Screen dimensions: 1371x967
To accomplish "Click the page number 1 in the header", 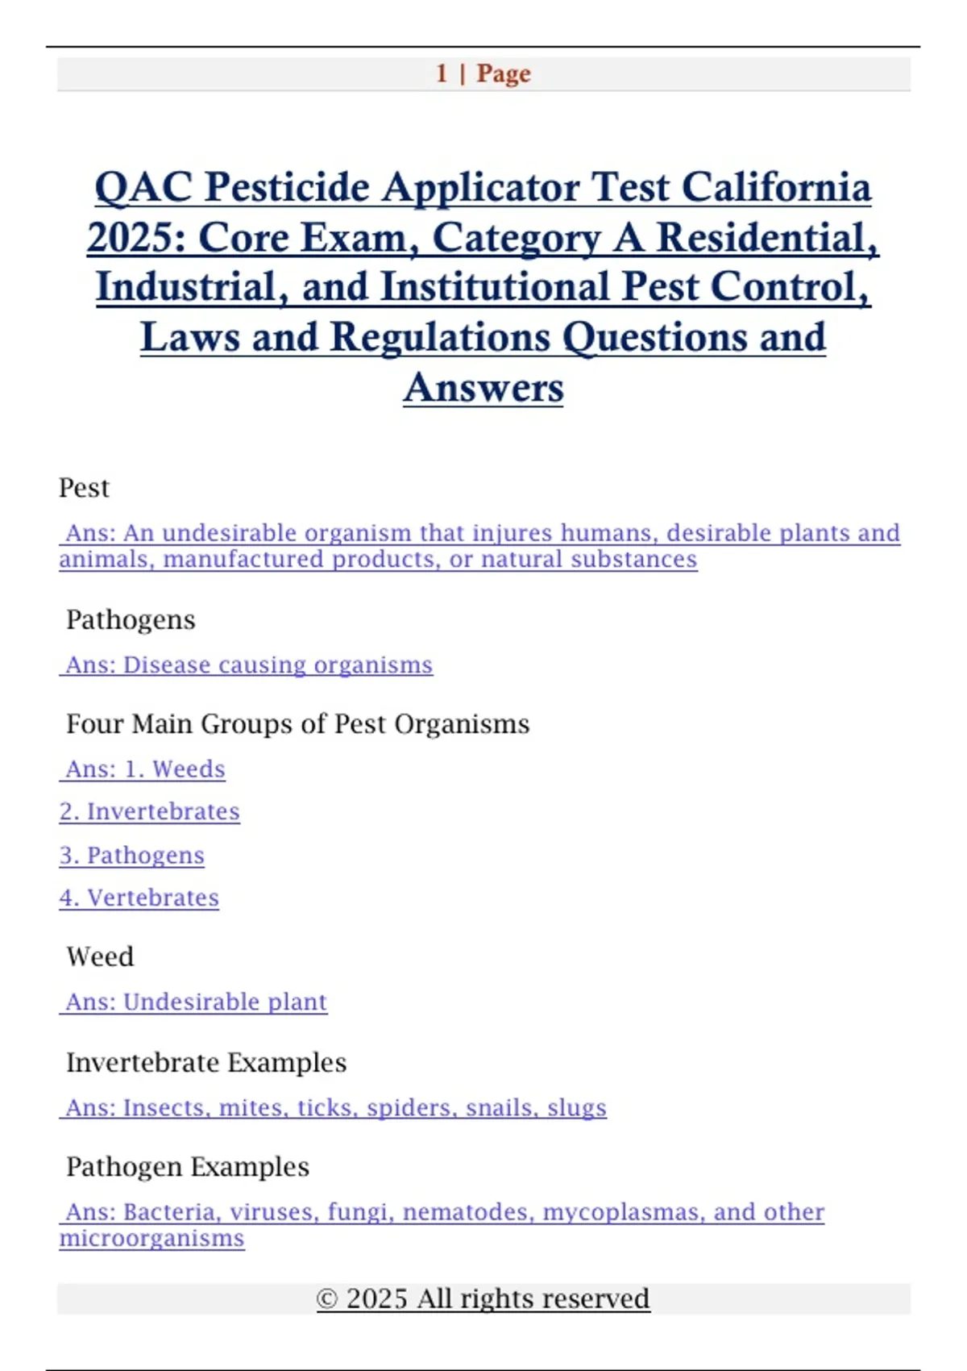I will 442,73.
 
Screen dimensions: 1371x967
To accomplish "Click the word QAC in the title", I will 143,187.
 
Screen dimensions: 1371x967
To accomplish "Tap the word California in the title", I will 776,187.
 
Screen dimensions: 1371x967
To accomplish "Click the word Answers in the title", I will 483,387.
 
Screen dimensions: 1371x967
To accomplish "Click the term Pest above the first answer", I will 84,488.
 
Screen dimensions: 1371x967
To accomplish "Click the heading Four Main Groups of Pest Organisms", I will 297,723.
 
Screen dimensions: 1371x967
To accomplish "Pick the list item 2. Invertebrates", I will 150,811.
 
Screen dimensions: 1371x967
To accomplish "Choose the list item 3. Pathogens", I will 132,855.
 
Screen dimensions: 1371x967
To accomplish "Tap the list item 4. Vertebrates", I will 139,898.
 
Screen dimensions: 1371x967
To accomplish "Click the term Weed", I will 100,956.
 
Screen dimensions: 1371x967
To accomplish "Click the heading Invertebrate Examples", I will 206,1062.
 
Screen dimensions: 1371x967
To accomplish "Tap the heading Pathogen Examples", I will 188,1166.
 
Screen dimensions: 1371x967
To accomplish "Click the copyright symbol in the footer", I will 326,1298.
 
